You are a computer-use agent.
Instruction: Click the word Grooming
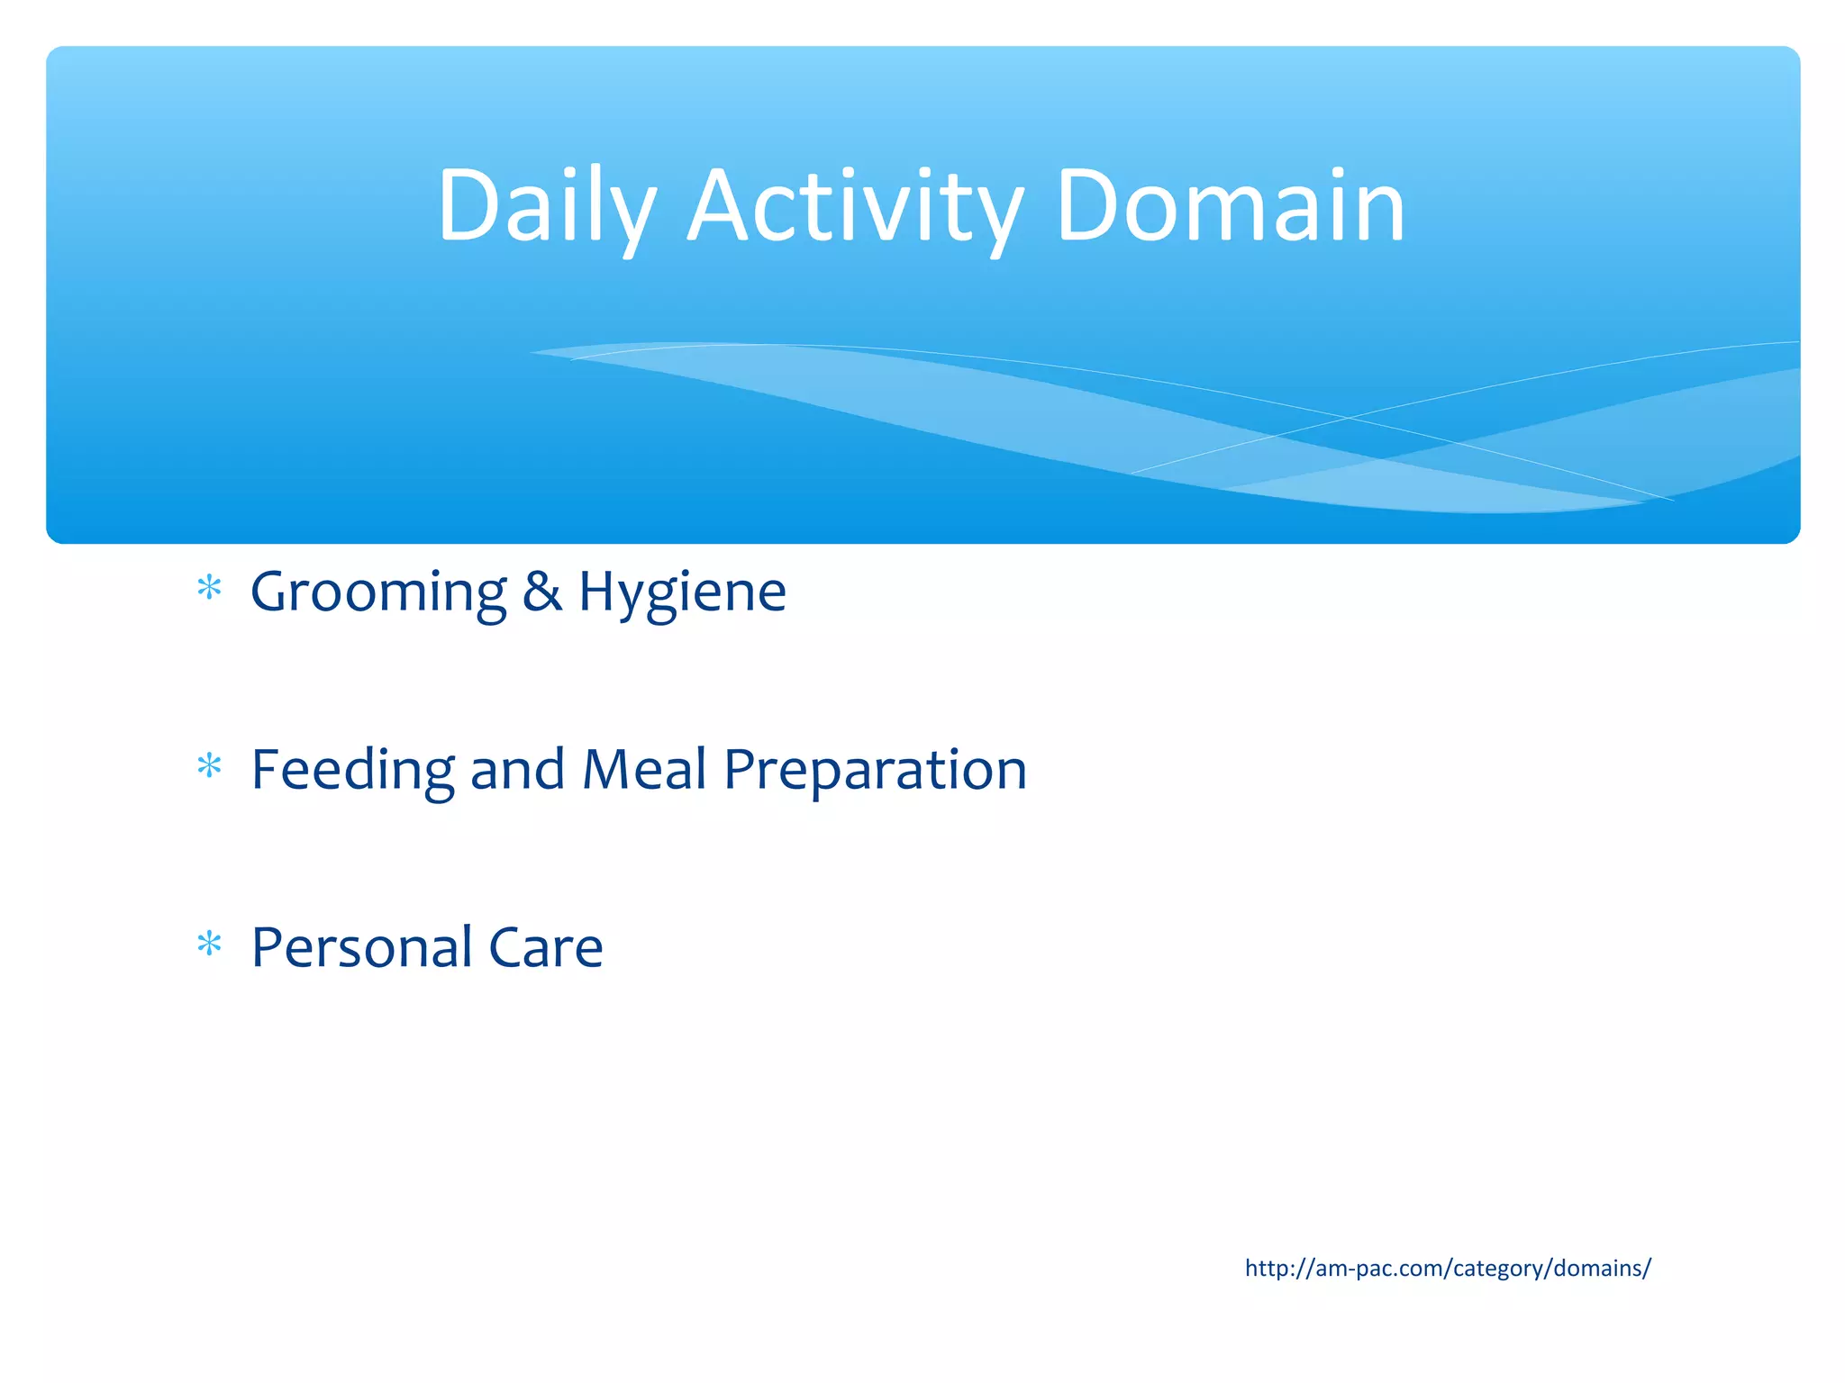pos(378,593)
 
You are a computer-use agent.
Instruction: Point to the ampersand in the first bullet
pos(542,592)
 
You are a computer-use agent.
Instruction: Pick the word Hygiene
pos(682,593)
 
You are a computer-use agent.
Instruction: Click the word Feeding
pos(352,771)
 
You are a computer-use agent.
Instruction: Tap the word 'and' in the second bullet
pos(517,771)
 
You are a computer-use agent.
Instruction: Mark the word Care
pos(545,948)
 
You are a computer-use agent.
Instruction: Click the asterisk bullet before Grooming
pos(209,588)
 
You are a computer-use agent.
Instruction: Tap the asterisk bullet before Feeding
pos(209,766)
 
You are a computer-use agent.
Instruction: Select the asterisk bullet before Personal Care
pos(209,944)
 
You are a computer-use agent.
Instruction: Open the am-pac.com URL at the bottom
pos(1448,1268)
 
